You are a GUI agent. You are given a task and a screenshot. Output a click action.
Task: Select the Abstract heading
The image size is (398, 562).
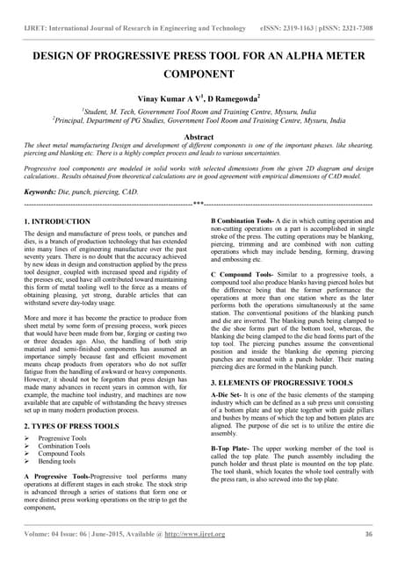tap(199, 138)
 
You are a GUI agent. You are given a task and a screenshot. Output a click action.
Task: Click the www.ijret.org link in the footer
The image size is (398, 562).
tap(205, 534)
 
